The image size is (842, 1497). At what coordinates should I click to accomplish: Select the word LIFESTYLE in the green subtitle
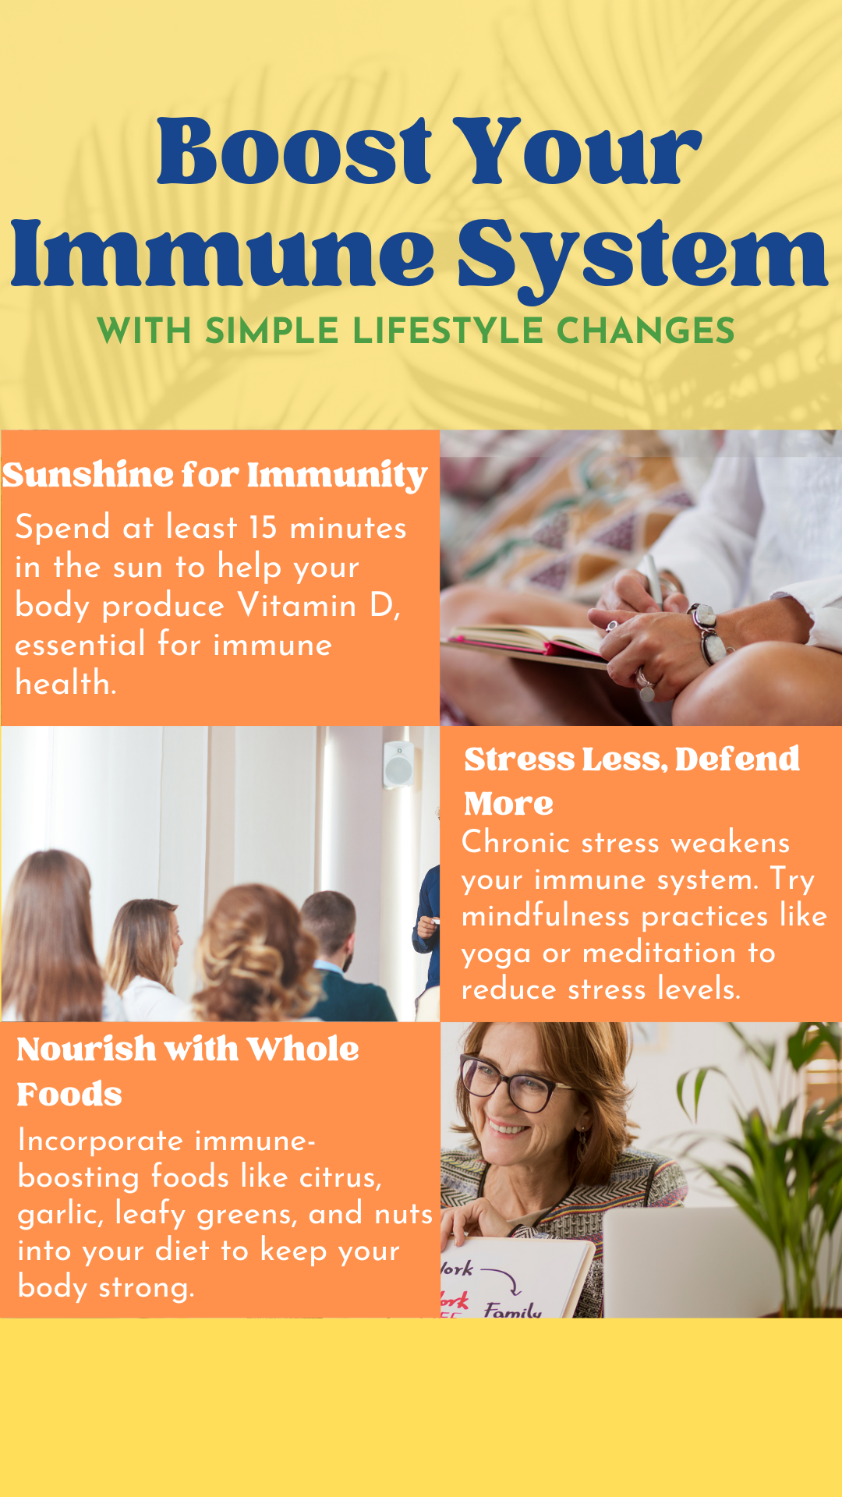[x=448, y=331]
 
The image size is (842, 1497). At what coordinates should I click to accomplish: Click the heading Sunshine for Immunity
[x=214, y=476]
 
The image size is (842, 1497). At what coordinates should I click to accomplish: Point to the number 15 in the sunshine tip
[x=263, y=528]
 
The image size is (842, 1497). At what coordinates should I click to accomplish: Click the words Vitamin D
[x=318, y=606]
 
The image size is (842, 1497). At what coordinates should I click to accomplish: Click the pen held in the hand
[x=653, y=581]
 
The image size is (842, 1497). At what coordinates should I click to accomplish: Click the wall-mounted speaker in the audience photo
[x=398, y=764]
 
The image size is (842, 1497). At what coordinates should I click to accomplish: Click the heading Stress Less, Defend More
[x=631, y=780]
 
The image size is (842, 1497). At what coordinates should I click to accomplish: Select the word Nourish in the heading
[x=87, y=1049]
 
